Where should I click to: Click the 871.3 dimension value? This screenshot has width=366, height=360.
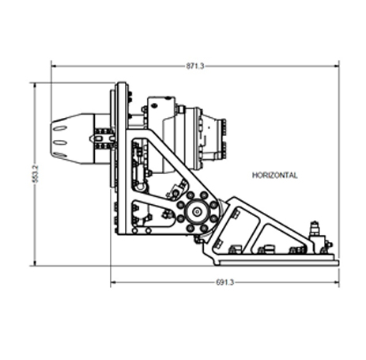click(x=195, y=66)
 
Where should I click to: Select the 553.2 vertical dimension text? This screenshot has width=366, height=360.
click(x=36, y=174)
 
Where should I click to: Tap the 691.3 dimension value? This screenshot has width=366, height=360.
click(x=225, y=282)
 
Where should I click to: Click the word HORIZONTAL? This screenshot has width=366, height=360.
click(x=275, y=176)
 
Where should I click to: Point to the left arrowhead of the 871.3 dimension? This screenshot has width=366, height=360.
click(x=54, y=66)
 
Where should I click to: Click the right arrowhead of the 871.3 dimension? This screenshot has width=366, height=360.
click(x=337, y=66)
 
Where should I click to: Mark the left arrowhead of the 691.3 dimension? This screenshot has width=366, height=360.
click(x=113, y=282)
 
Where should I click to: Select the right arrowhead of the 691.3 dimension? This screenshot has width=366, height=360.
click(x=337, y=282)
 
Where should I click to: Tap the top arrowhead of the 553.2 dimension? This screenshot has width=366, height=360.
click(x=35, y=85)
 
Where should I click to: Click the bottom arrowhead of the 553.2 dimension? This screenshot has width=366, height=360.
click(x=35, y=263)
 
